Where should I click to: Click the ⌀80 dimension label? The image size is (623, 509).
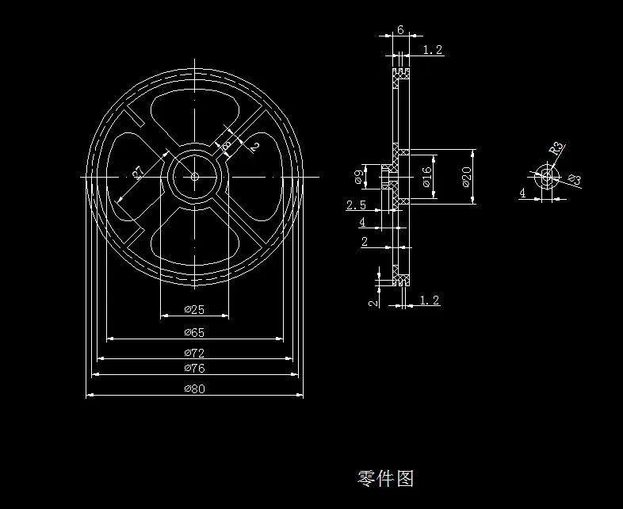coord(194,389)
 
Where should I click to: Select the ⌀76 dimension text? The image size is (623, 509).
coord(194,369)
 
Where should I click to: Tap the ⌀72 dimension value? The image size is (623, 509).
coord(194,353)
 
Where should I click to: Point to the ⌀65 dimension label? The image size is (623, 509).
coord(194,332)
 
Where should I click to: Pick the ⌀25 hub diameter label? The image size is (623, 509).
coord(194,309)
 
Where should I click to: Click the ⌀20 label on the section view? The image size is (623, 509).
coord(468,178)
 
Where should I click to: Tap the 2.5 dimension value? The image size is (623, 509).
coord(356,205)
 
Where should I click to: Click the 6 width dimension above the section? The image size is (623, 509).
coord(400,29)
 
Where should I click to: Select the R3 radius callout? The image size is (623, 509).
coord(556,148)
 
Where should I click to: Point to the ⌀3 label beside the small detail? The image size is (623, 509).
coord(575,180)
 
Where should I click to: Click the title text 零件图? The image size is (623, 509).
coord(386,478)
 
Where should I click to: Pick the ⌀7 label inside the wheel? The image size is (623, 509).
coord(137,173)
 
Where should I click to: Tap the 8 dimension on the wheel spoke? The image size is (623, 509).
coord(227,145)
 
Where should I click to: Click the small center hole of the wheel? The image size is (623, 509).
coord(194,176)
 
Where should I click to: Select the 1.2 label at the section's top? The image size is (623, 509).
coord(433,50)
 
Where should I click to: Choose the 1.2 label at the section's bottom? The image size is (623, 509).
coord(429,300)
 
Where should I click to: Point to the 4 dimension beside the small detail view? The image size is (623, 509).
coord(522,192)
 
